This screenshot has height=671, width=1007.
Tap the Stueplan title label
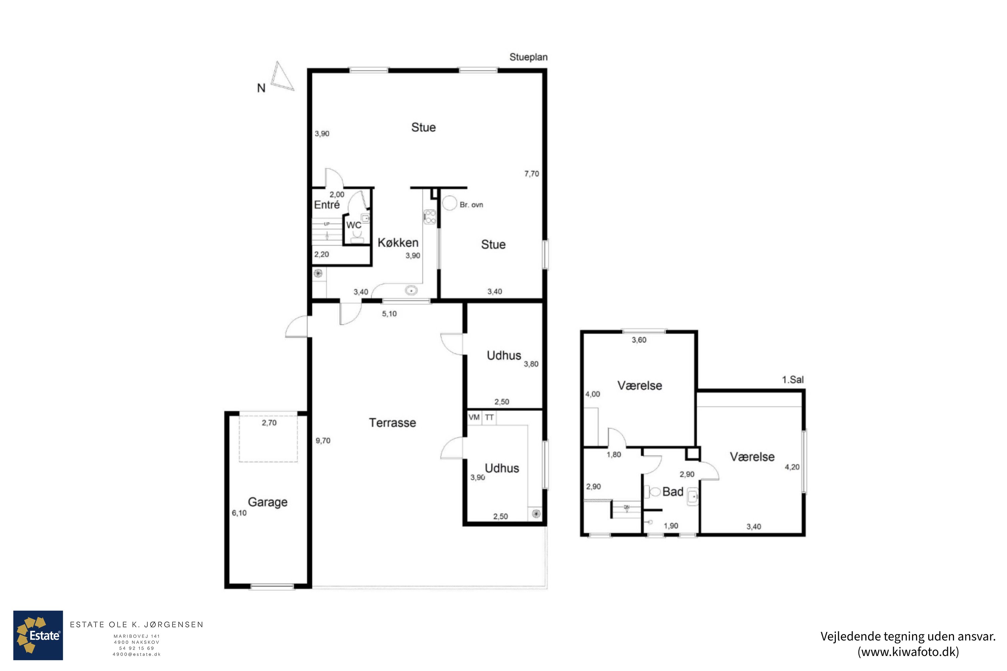(528, 57)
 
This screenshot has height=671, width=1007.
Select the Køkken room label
(398, 243)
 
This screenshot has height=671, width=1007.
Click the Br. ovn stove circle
(449, 203)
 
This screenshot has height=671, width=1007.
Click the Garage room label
(268, 502)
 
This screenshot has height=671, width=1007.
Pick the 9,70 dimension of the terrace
(323, 440)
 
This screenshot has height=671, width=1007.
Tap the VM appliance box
(474, 418)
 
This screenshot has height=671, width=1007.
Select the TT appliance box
(489, 418)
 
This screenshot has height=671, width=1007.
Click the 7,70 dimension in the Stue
(532, 174)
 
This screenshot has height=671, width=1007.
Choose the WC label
(354, 225)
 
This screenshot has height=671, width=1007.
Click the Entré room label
(327, 205)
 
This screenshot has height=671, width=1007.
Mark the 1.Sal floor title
(793, 379)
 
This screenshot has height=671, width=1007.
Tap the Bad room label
(673, 492)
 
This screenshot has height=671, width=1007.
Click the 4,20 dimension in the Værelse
(792, 467)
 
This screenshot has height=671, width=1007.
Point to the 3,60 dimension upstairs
(639, 340)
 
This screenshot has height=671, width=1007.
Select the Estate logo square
(38, 635)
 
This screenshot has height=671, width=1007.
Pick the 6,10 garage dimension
(239, 513)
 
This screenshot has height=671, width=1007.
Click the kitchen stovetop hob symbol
(430, 217)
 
